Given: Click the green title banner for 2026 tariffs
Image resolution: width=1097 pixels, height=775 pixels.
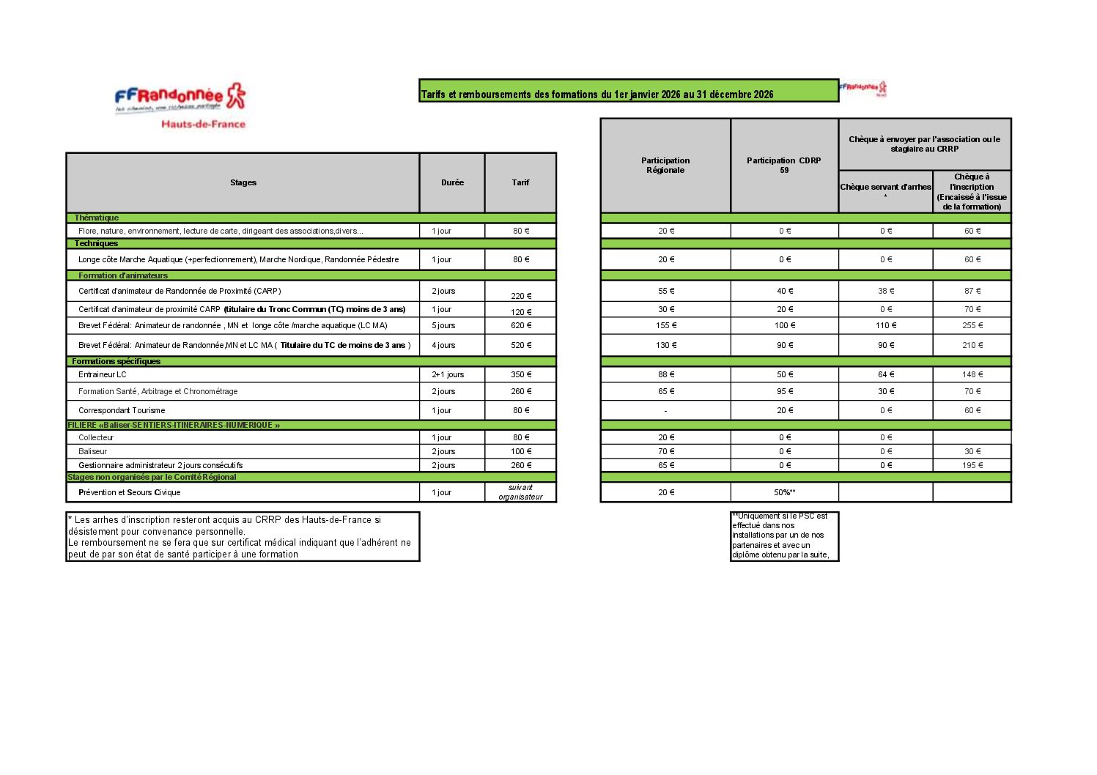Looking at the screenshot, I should pos(628,91).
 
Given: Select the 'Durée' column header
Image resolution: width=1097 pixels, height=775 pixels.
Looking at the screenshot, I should pos(452,182).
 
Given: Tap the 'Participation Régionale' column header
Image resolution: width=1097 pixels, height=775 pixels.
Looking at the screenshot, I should pos(665,166).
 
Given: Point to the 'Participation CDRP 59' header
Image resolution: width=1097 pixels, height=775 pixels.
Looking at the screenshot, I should pos(784,166).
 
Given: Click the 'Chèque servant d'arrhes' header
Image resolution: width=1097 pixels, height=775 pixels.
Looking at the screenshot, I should pos(885,188).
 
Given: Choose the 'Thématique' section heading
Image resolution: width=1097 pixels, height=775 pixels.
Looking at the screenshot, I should pos(97,218).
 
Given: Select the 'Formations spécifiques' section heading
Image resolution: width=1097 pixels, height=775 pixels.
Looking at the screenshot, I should pos(116,361).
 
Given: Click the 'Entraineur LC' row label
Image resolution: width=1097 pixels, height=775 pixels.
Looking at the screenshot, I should pos(103,374).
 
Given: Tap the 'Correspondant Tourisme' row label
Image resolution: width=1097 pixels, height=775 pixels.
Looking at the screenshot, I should pos(122,410).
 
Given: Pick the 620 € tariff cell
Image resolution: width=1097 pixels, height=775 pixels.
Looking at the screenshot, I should pos(521,325).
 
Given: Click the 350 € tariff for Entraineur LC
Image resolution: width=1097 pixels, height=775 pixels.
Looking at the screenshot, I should pos(521,374).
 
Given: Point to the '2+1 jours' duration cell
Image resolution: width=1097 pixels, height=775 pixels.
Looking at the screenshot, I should pos(448,374).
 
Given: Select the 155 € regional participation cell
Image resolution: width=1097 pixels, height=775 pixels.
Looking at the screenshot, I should pos(666,325).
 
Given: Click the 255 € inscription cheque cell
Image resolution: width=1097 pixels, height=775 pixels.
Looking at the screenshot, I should pos(972,325).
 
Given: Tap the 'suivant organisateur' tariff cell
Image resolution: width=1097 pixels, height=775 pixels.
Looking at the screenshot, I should pos(520,492).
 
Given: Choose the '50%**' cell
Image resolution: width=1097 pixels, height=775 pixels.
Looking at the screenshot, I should pos(784,492).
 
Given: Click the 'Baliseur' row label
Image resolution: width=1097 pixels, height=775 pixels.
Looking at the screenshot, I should pos(93,451).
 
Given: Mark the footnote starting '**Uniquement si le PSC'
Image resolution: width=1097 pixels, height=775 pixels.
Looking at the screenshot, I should pos(784,535).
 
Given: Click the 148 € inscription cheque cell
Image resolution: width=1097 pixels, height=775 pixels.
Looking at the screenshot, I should pos(972,374).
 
